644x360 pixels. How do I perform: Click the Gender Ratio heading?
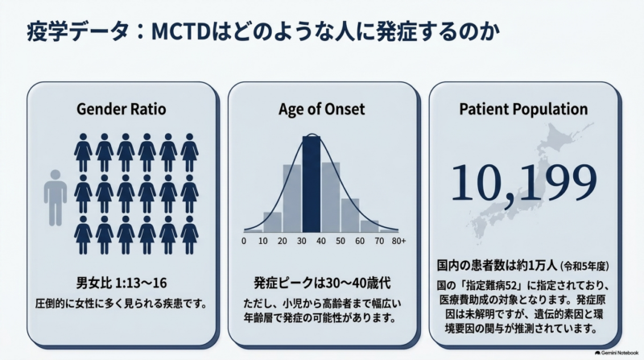[x=122, y=110]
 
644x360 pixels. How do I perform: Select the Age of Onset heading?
[x=321, y=110]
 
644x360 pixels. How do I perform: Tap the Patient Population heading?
[x=523, y=110]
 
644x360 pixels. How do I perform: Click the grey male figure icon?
[x=56, y=197]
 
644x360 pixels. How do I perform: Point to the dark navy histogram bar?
[x=312, y=184]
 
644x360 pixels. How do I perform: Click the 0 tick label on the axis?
[x=244, y=242]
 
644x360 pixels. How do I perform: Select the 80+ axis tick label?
[x=398, y=242]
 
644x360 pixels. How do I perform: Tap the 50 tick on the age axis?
[x=341, y=242]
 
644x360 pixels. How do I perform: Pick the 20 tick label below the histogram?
[x=283, y=242]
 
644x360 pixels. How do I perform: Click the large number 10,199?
[x=524, y=183]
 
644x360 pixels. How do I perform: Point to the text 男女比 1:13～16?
[x=122, y=283]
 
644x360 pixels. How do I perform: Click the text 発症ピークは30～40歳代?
[x=322, y=283]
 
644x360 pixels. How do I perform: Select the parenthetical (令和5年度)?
[x=585, y=267]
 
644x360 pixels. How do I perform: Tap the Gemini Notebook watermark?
[x=617, y=353]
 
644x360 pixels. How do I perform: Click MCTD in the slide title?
[x=181, y=32]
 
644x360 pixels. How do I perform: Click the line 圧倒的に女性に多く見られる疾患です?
[x=122, y=304]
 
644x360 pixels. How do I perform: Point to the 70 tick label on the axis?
[x=379, y=242]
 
